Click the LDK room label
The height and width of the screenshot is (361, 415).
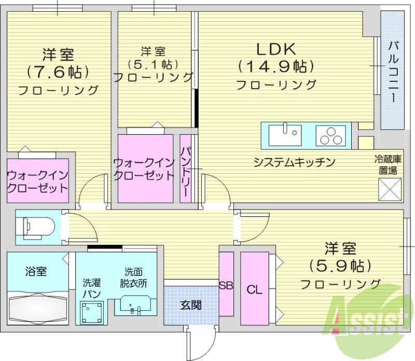point(276,49)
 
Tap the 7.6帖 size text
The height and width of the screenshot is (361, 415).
point(58,72)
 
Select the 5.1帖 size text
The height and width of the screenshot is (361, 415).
point(153,64)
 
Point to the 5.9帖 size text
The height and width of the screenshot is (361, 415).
point(340,266)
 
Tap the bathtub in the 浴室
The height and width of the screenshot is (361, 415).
point(37,308)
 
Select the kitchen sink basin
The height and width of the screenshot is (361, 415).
point(285,135)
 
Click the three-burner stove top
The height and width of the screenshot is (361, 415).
point(331,135)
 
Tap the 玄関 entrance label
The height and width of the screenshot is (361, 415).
point(191,305)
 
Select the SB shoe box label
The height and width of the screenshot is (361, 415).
point(226,285)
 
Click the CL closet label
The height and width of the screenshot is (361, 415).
point(255,289)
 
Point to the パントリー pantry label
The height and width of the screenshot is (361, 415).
point(186,172)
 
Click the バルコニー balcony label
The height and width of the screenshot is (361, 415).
point(394,72)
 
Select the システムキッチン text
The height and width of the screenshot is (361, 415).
point(295,162)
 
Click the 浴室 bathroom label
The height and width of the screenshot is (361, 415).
point(36,271)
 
